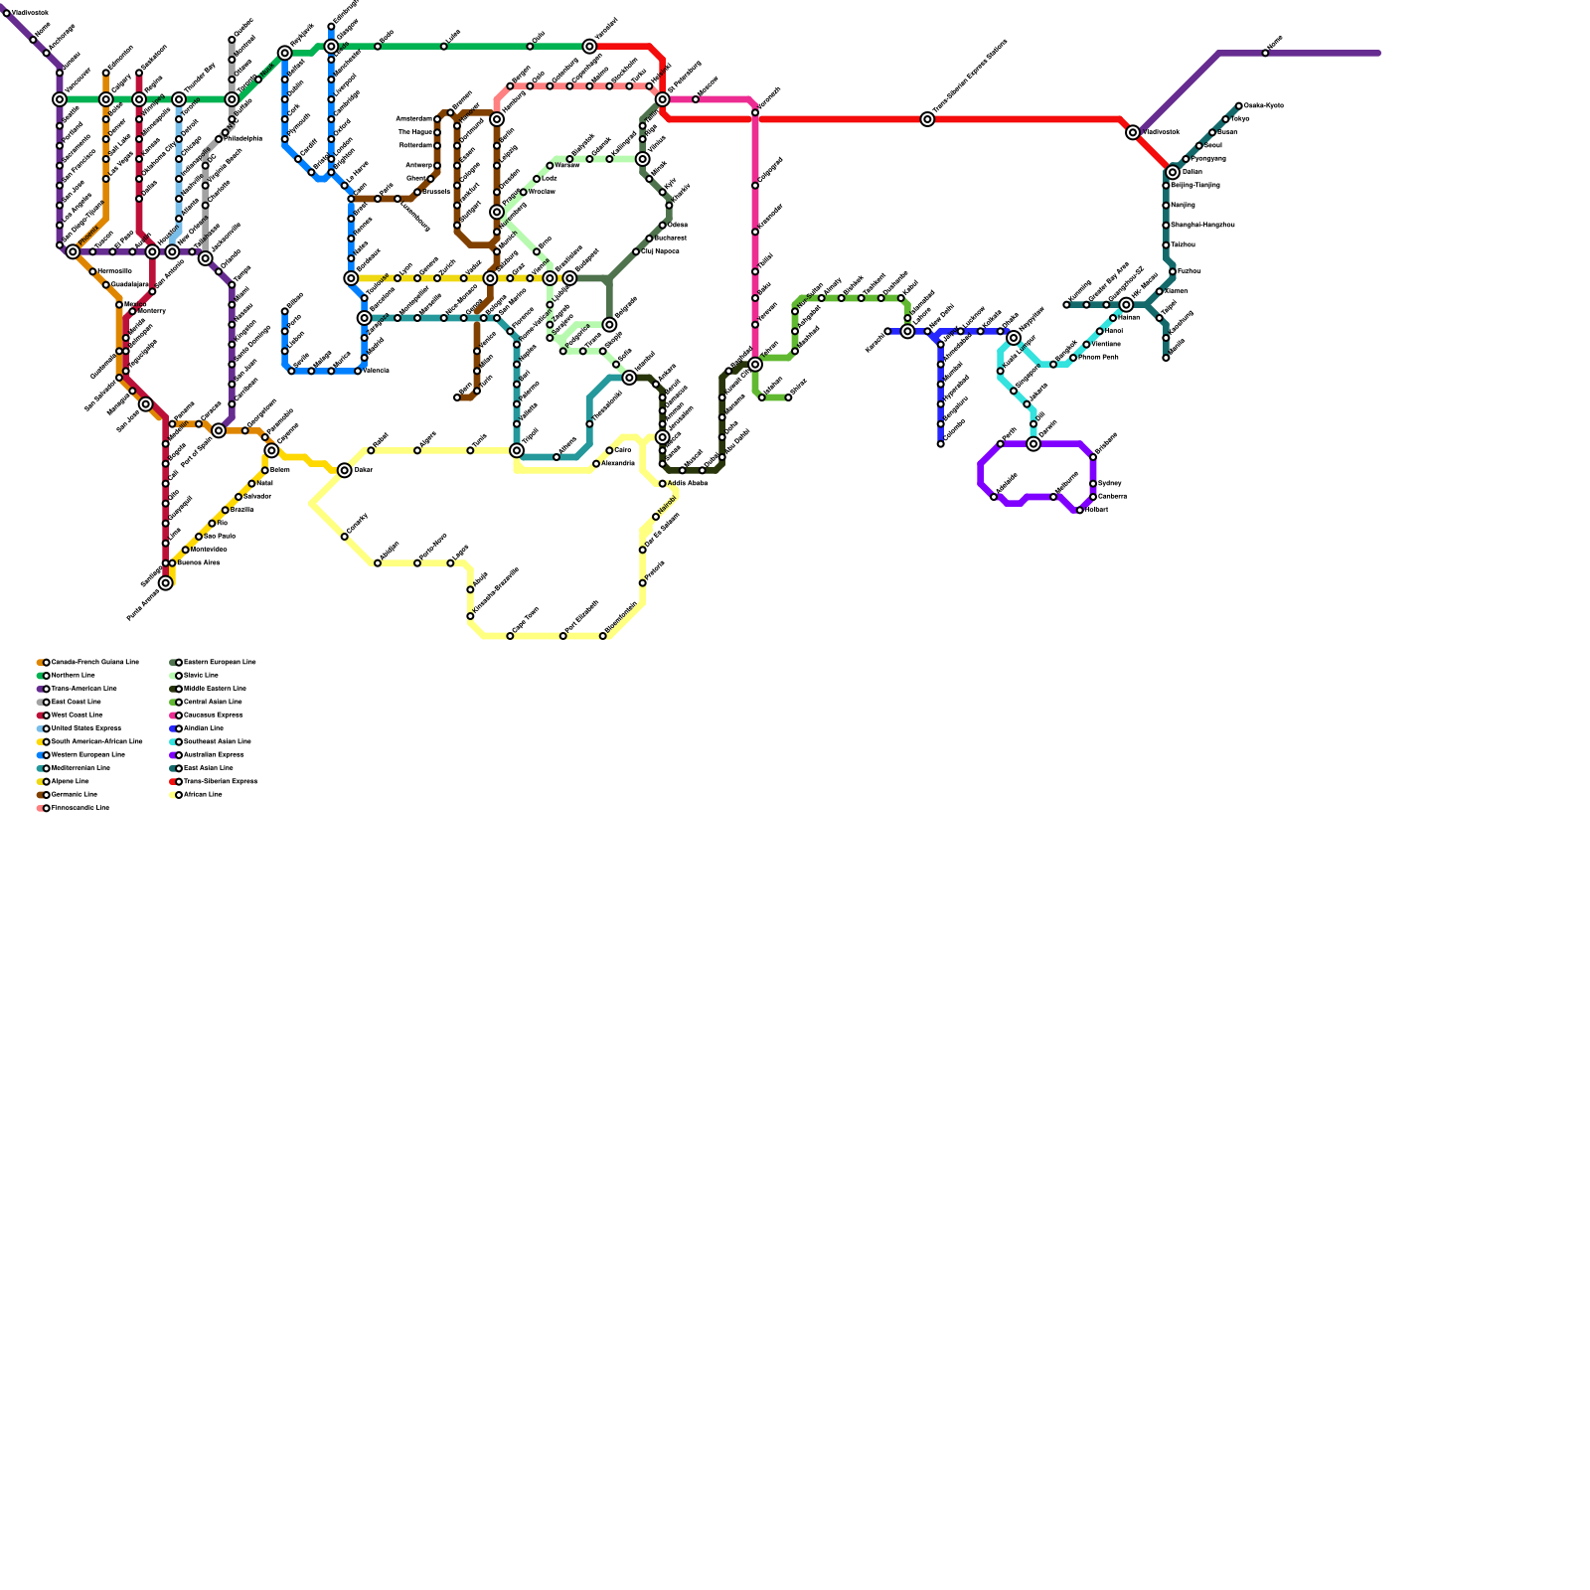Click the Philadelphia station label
(242, 138)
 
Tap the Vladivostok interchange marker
(1133, 133)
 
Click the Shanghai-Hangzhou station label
(1202, 225)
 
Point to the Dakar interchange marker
(345, 471)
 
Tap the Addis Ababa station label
(687, 483)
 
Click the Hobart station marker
(1080, 511)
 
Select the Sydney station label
(1109, 483)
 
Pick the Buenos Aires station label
(198, 562)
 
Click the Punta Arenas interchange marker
(166, 583)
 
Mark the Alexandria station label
(617, 463)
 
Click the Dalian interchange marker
(1173, 173)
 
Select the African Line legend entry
(203, 794)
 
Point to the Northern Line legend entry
(73, 675)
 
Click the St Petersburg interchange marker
(663, 99)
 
